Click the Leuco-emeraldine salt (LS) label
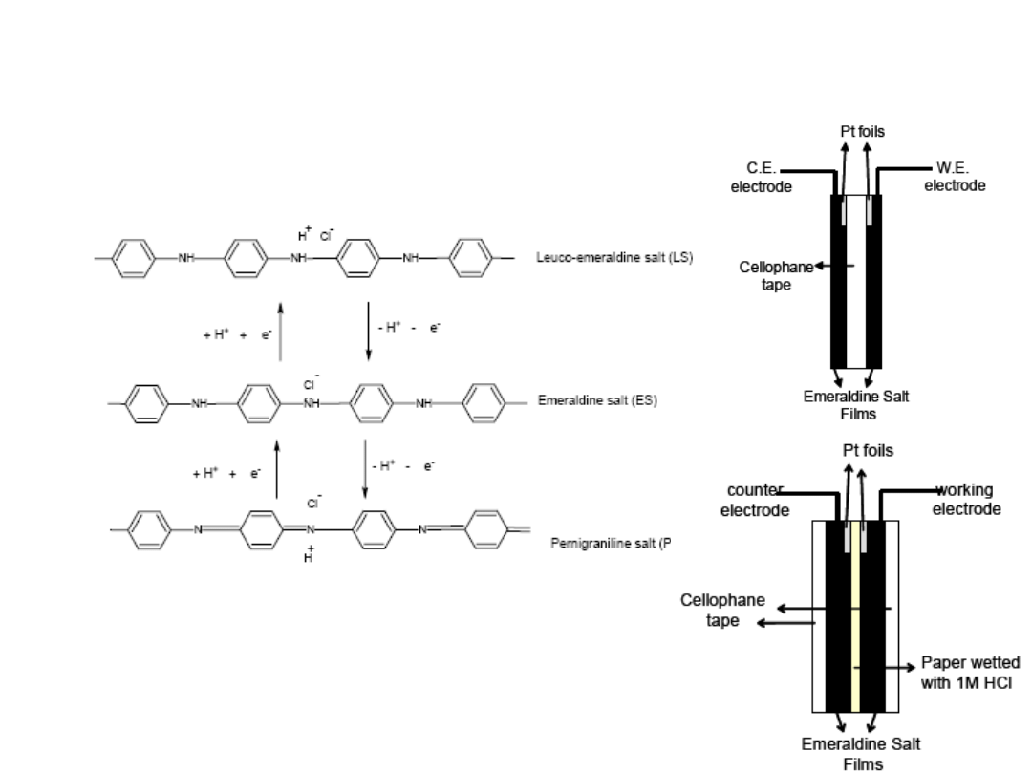click(613, 258)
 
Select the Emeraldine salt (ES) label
click(597, 401)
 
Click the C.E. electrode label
click(762, 178)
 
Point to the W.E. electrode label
click(954, 178)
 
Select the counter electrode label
click(755, 500)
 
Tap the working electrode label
click(966, 500)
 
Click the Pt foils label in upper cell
click(862, 132)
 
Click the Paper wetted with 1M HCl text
click(969, 672)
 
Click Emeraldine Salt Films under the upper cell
click(856, 405)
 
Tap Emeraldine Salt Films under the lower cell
click(861, 753)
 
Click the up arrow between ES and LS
click(280, 331)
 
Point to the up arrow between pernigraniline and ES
click(277, 469)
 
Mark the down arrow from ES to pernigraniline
click(365, 469)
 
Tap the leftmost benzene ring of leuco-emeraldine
click(133, 258)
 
